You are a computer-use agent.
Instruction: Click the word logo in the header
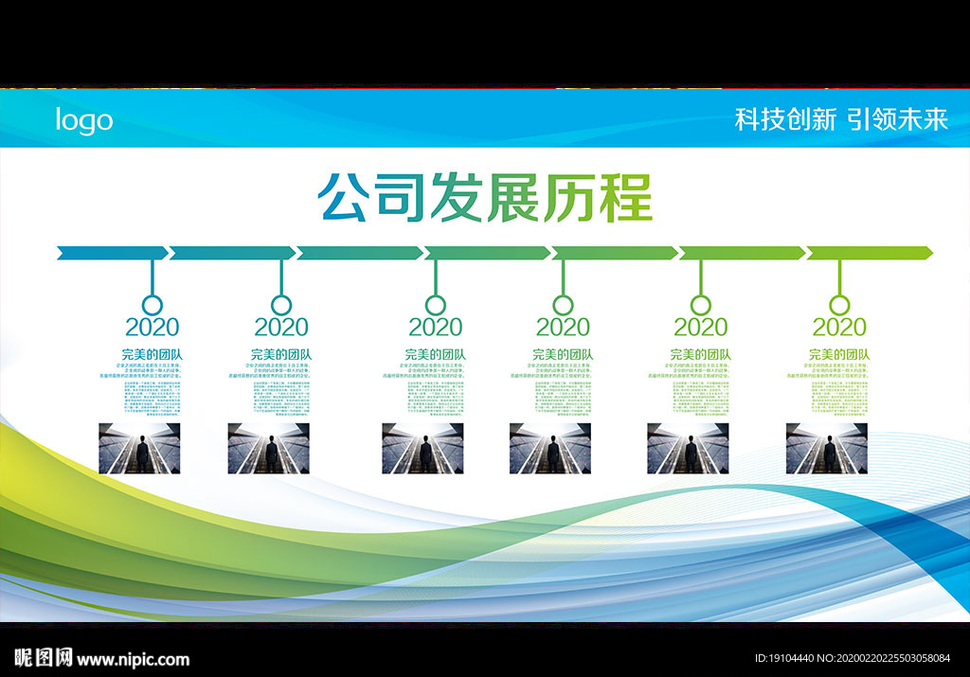click(83, 120)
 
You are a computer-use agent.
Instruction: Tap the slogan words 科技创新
click(785, 119)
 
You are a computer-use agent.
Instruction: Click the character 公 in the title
click(345, 198)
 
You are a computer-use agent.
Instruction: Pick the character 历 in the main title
click(570, 198)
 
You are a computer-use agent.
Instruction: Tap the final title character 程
click(626, 198)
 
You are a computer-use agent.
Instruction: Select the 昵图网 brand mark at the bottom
click(44, 659)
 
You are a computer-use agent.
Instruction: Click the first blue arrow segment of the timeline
click(112, 253)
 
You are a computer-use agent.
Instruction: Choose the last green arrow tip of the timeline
click(926, 253)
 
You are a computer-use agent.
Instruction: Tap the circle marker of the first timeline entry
click(152, 305)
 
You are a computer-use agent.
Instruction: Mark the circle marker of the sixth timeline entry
click(839, 305)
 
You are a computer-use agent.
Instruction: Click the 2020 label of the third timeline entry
click(435, 328)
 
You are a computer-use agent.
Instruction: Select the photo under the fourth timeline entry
click(549, 448)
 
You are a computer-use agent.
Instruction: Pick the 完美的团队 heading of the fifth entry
click(700, 355)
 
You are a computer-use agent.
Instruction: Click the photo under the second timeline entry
click(268, 448)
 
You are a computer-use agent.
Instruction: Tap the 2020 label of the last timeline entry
click(839, 328)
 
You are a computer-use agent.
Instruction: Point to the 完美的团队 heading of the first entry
click(152, 355)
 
